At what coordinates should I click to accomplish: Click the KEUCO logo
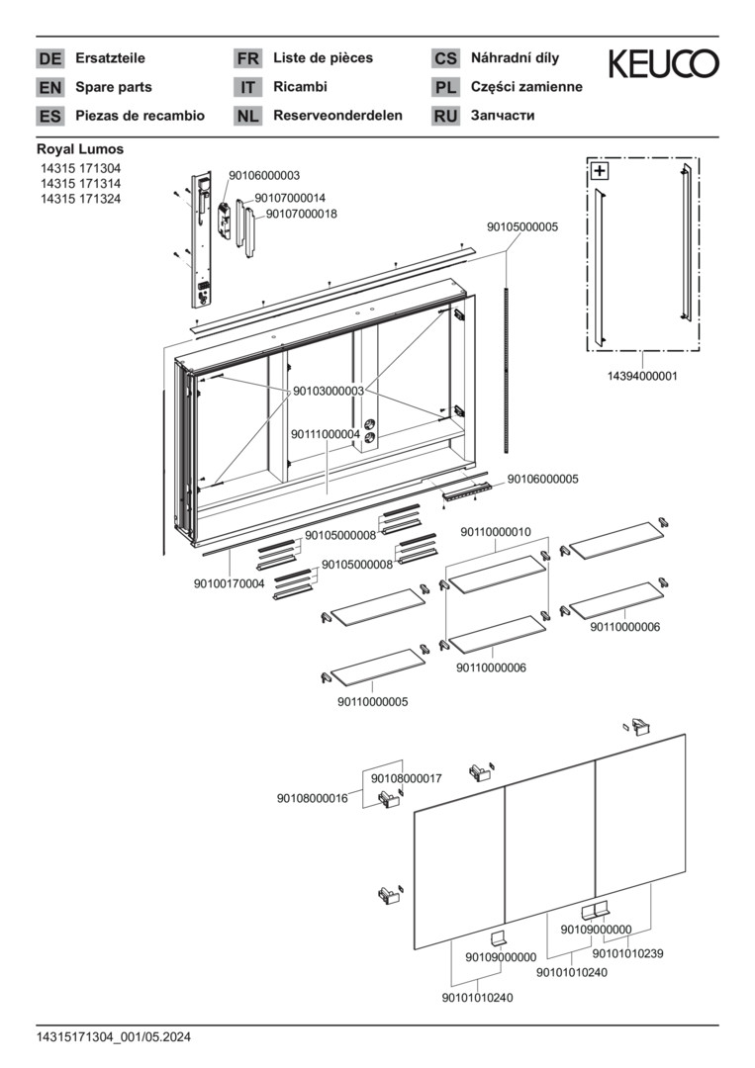click(663, 65)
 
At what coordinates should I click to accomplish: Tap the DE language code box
click(49, 58)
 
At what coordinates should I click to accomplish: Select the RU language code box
click(445, 116)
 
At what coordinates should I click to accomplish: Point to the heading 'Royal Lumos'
click(80, 149)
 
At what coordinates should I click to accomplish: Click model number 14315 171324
click(81, 199)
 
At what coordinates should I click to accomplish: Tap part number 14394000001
click(642, 376)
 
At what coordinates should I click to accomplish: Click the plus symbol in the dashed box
click(600, 171)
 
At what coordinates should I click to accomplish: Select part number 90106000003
click(264, 175)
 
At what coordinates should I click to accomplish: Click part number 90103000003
click(328, 392)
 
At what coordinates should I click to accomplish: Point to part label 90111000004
click(326, 434)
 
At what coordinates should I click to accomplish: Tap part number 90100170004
click(230, 583)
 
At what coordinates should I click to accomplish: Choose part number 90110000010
click(496, 532)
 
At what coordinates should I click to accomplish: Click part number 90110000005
click(372, 701)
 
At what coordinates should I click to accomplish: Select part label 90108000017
click(406, 779)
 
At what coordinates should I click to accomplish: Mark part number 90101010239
click(627, 953)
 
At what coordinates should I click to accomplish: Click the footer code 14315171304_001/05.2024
click(114, 1036)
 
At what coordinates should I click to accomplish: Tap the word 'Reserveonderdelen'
click(337, 116)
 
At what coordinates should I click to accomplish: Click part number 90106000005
click(543, 479)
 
